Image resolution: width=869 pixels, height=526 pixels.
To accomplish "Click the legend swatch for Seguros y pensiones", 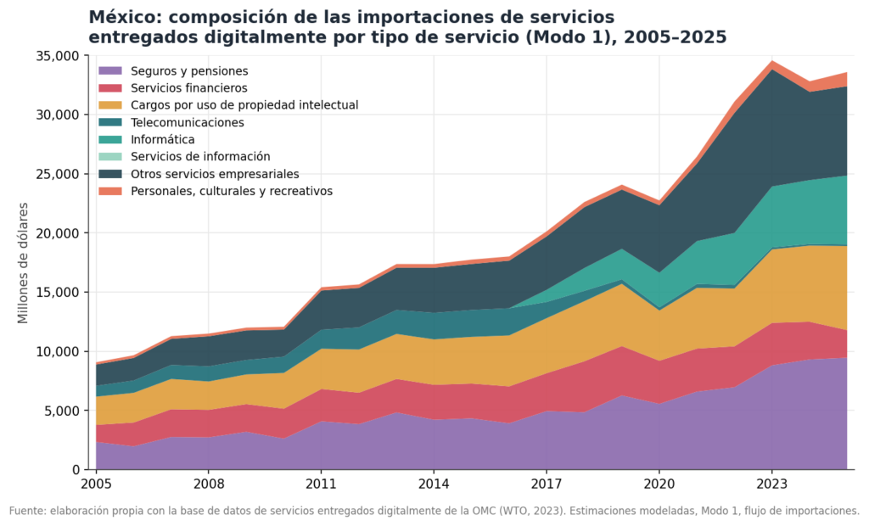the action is (x=109, y=71).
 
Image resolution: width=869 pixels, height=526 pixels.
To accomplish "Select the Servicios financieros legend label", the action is (x=189, y=88).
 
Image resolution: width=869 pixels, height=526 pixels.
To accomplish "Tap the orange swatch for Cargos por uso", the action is (x=109, y=105).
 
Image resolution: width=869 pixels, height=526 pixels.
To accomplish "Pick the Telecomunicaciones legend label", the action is (x=188, y=122).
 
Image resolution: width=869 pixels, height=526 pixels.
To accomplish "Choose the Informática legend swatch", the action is (x=109, y=140).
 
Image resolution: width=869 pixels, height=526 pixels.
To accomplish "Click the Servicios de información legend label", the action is (x=200, y=157).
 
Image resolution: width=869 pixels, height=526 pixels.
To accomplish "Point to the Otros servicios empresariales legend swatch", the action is (x=109, y=174).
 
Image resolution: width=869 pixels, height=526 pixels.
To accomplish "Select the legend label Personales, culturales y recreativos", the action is (x=232, y=191).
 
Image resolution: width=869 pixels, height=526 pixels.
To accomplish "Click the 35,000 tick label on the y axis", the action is (x=58, y=56).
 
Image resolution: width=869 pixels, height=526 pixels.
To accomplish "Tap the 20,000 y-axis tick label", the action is (x=58, y=233).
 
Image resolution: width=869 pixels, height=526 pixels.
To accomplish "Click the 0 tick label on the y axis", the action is (x=76, y=470).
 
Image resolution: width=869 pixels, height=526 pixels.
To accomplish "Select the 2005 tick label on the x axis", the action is (x=96, y=484).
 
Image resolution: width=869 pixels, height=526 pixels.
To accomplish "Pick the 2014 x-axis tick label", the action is (x=434, y=484).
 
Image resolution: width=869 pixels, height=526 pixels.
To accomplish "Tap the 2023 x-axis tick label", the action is (x=772, y=484).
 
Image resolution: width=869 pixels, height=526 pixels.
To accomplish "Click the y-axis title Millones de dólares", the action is (x=23, y=263).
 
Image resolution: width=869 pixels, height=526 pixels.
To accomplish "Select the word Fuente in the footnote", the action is (x=27, y=511).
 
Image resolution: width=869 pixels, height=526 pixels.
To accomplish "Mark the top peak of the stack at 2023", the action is (x=772, y=61).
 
